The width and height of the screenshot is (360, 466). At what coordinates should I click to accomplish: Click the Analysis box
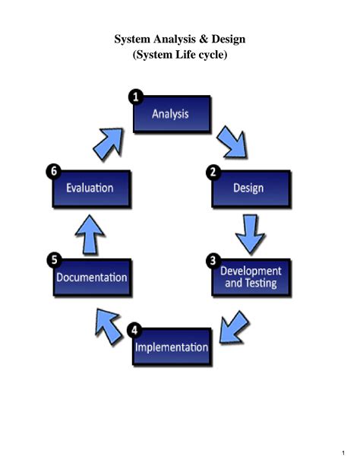tap(172, 115)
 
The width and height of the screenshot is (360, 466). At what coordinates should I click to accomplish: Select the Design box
tap(251, 189)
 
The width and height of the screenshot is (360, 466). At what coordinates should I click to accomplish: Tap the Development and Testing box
tap(251, 277)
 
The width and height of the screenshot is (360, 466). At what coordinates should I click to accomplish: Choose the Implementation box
tap(172, 347)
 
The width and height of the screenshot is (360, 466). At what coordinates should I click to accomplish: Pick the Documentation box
tap(92, 277)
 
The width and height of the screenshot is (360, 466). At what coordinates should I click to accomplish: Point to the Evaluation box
tap(91, 189)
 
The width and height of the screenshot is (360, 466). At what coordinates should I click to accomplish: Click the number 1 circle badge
tap(134, 97)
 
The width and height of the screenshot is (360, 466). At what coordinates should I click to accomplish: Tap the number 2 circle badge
tap(213, 172)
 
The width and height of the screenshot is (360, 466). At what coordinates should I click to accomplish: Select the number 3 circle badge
tap(213, 260)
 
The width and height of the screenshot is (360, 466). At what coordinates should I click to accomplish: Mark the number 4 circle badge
tap(134, 330)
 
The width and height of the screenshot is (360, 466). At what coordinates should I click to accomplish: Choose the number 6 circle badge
tap(54, 171)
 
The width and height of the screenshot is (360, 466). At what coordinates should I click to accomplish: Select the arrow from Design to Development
tap(250, 233)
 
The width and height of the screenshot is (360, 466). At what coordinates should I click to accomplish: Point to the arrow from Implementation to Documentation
tap(109, 325)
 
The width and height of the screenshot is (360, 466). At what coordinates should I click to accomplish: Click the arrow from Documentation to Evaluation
tap(90, 233)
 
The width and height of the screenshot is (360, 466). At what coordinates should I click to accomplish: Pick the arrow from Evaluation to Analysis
tap(109, 141)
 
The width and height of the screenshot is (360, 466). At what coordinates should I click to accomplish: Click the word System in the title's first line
tap(133, 39)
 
